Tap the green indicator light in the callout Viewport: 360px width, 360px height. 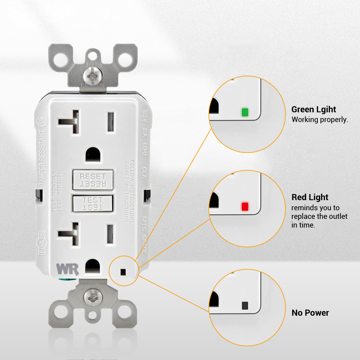click(245, 112)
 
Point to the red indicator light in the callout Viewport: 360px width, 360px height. click(245, 207)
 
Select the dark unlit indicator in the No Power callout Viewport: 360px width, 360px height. click(245, 305)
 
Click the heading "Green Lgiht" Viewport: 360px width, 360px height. click(314, 109)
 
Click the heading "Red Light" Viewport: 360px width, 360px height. click(310, 197)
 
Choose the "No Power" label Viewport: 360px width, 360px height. click(310, 313)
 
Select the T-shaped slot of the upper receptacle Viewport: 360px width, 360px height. click(70, 122)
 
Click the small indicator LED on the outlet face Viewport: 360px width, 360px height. click(123, 271)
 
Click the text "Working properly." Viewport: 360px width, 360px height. click(320, 120)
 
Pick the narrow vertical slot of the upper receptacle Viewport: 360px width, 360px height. click(111, 121)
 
